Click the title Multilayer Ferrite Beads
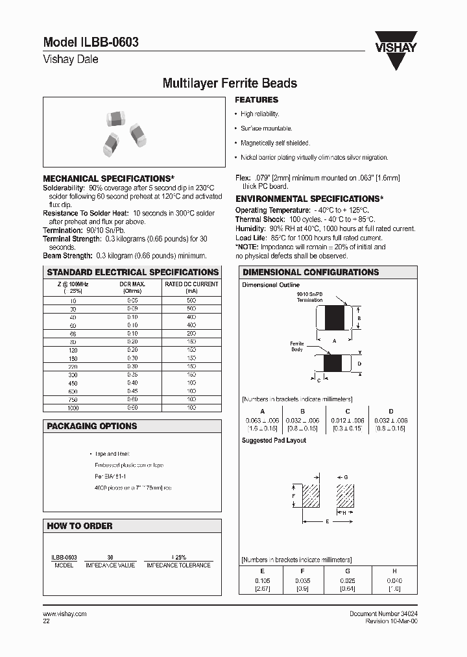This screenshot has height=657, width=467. point(229,83)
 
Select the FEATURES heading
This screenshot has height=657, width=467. point(256,100)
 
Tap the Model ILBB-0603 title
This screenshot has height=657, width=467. point(91,42)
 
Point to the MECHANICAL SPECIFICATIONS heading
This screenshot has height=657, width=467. point(108,179)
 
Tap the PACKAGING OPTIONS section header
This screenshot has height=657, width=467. point(92,427)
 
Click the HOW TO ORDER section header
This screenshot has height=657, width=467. point(80,526)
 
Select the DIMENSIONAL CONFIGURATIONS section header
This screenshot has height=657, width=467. point(310,273)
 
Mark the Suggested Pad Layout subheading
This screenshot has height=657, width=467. point(274,440)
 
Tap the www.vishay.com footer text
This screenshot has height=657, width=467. point(64,614)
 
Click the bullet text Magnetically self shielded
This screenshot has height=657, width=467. point(275,143)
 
